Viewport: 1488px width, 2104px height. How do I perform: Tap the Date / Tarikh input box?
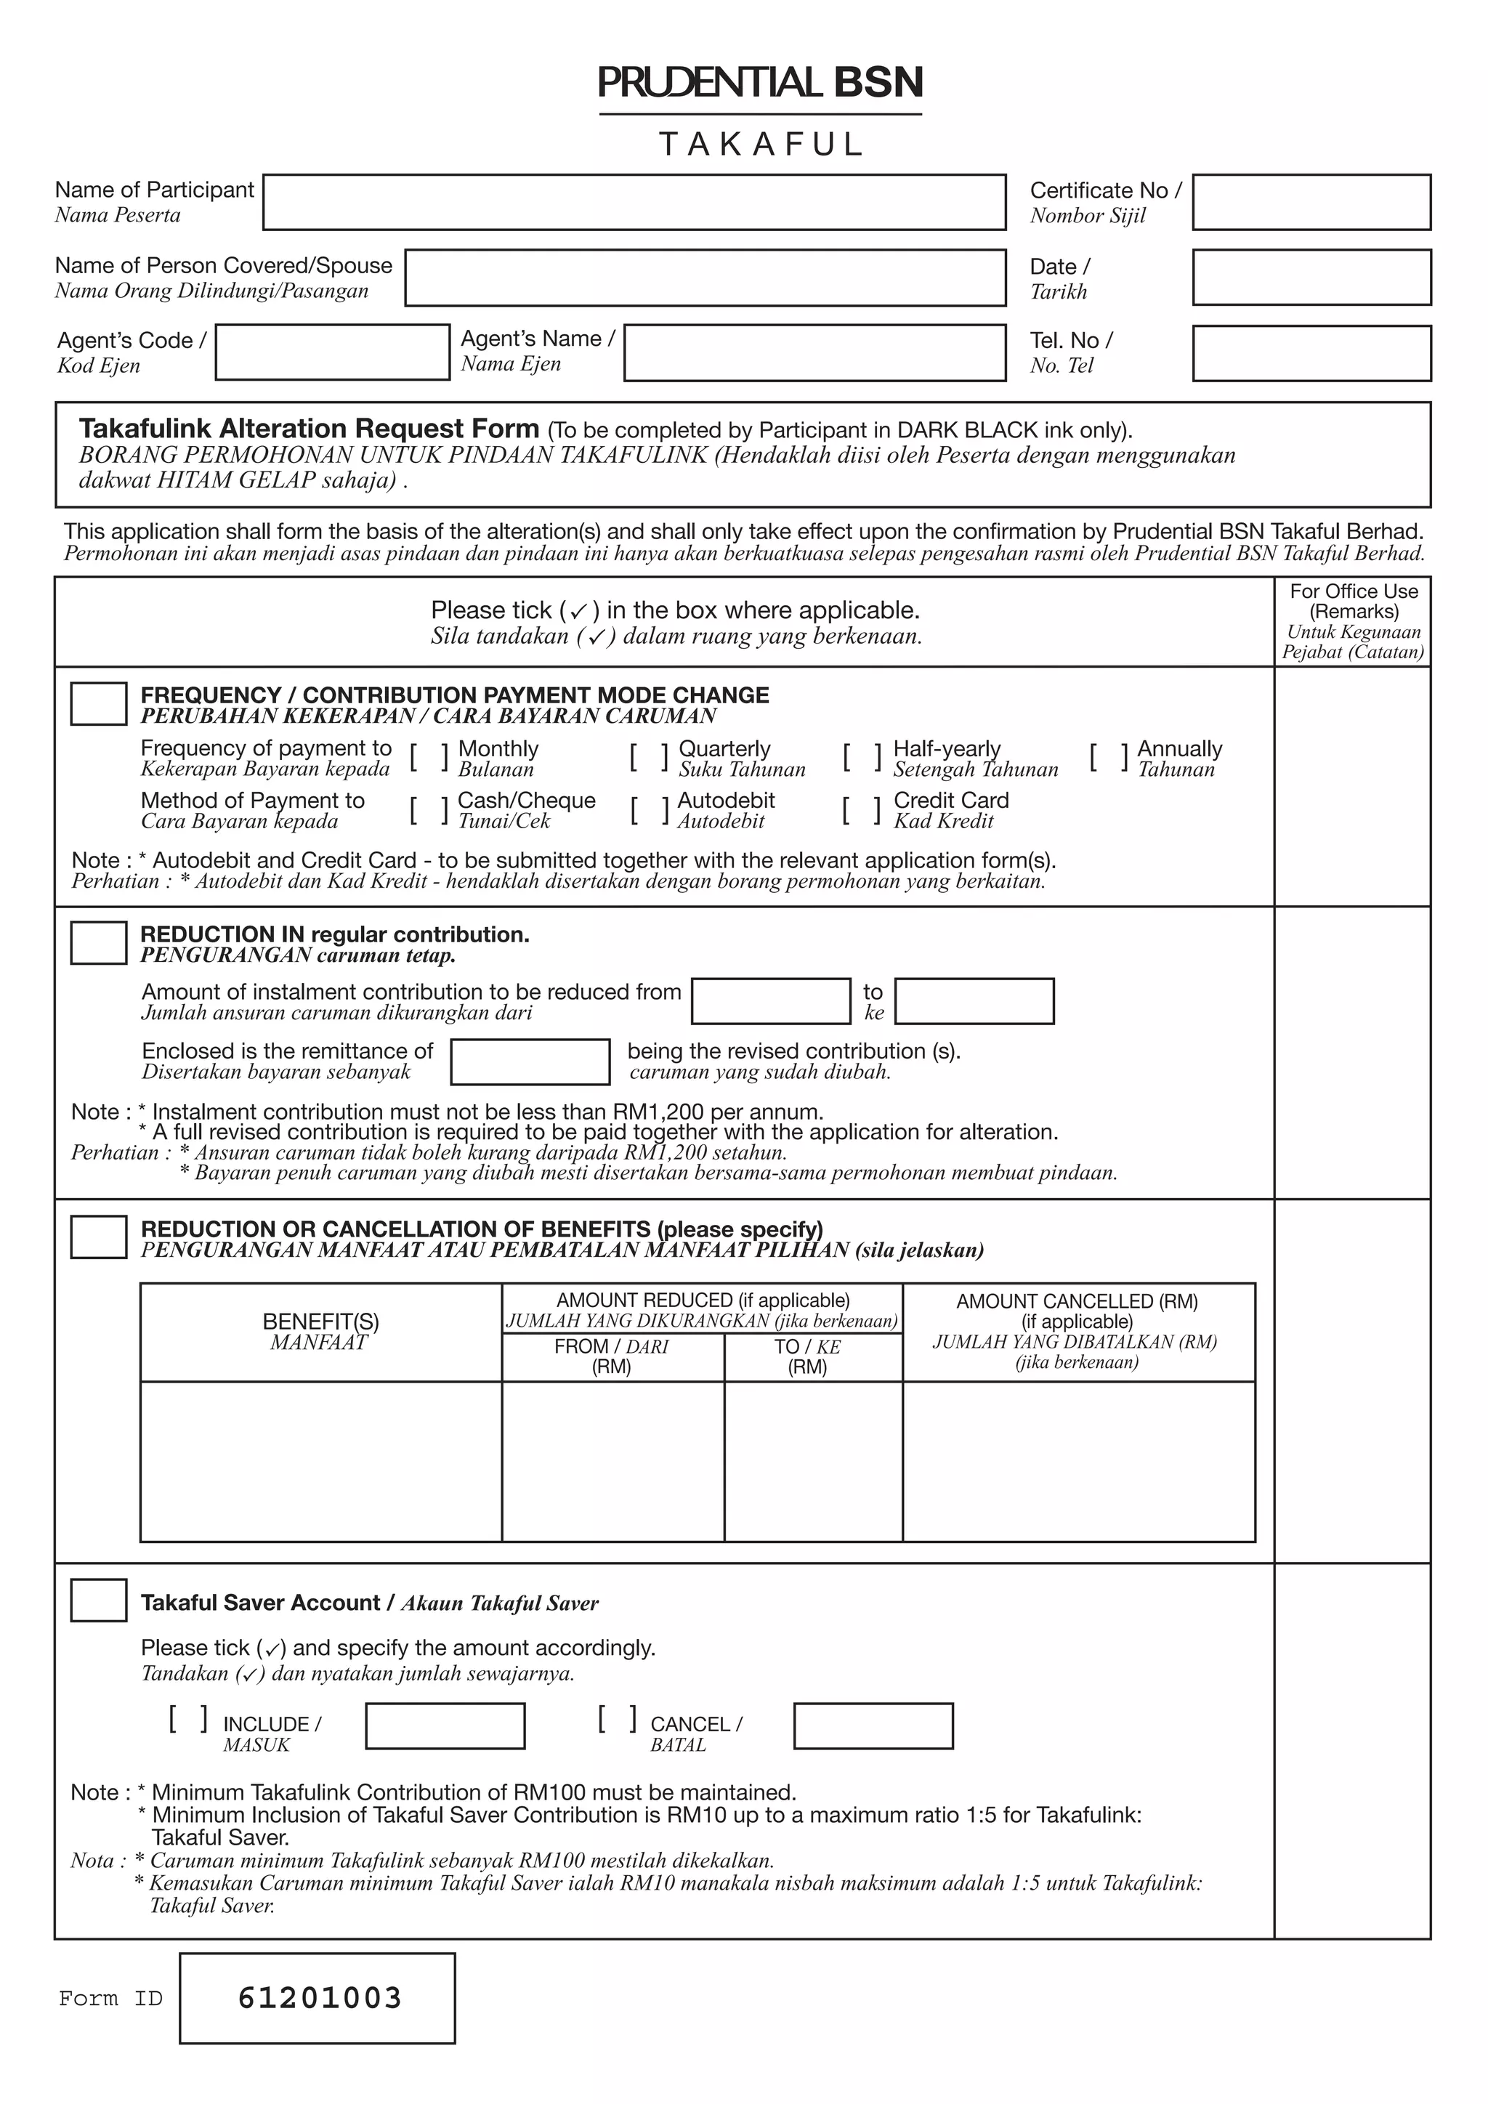coord(1311,278)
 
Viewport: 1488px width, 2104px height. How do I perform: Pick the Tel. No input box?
coord(1311,353)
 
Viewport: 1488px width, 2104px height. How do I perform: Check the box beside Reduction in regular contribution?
coord(99,943)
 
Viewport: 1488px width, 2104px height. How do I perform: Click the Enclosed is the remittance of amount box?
coord(530,1062)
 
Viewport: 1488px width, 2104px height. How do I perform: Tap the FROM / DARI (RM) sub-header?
coord(612,1356)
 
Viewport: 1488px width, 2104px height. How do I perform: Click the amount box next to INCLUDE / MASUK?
coord(445,1726)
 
